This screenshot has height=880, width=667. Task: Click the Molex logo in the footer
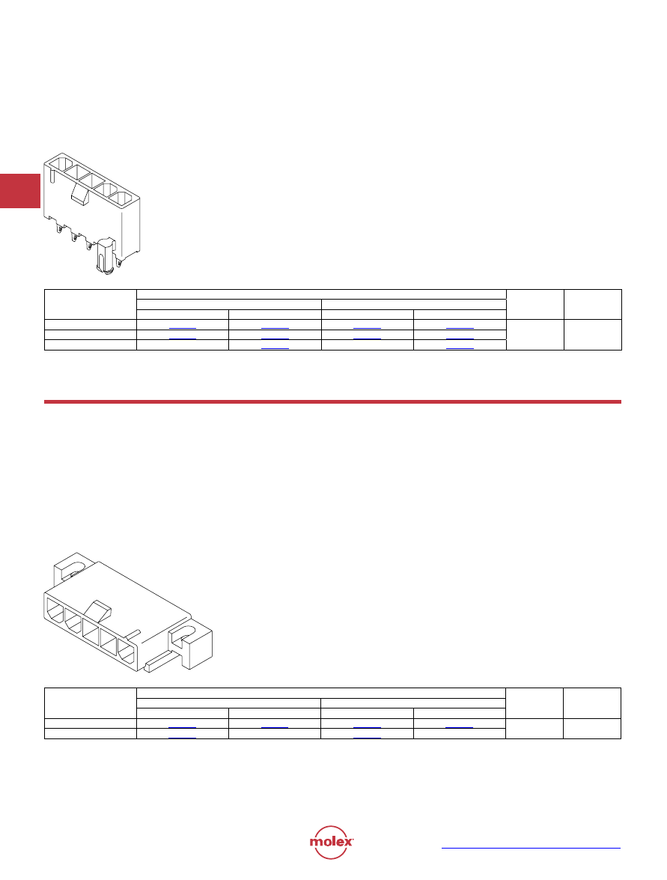332,842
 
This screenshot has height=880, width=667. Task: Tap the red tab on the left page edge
20,191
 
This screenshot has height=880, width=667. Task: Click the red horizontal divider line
332,402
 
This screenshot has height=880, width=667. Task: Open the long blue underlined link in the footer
531,848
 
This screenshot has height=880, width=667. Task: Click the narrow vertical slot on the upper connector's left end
52,176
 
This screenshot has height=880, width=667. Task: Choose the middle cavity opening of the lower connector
91,631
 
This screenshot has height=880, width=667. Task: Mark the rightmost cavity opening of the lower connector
127,654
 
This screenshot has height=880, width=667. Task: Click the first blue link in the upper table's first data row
183,328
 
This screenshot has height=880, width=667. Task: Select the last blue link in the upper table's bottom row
460,348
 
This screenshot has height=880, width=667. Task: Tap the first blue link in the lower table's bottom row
183,738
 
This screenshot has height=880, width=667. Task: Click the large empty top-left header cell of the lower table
91,703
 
